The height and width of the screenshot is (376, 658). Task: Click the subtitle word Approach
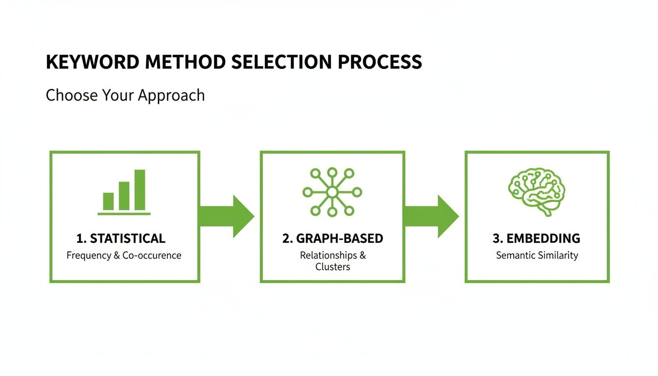(171, 95)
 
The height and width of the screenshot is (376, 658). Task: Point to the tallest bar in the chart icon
(140, 190)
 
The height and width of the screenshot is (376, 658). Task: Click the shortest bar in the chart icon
(108, 201)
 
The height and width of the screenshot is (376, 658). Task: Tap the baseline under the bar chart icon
(124, 214)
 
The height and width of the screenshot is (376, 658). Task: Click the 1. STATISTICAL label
(121, 239)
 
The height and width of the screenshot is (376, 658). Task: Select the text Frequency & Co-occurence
(124, 255)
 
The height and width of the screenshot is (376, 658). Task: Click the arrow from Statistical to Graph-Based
(228, 216)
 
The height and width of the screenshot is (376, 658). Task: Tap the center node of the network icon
(332, 192)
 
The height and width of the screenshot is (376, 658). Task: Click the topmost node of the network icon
(332, 172)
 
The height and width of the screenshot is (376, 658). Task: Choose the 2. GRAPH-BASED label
(332, 239)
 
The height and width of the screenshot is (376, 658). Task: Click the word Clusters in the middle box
(332, 267)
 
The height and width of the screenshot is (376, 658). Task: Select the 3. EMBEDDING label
(537, 239)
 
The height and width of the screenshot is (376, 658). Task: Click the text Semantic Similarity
(537, 255)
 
